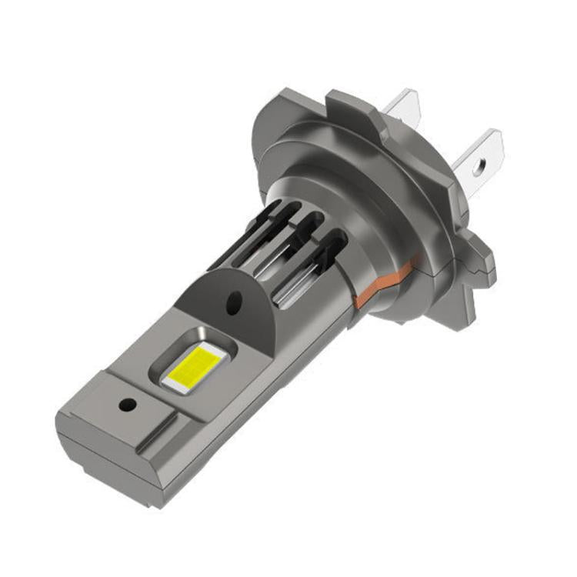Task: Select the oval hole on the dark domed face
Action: click(232, 302)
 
